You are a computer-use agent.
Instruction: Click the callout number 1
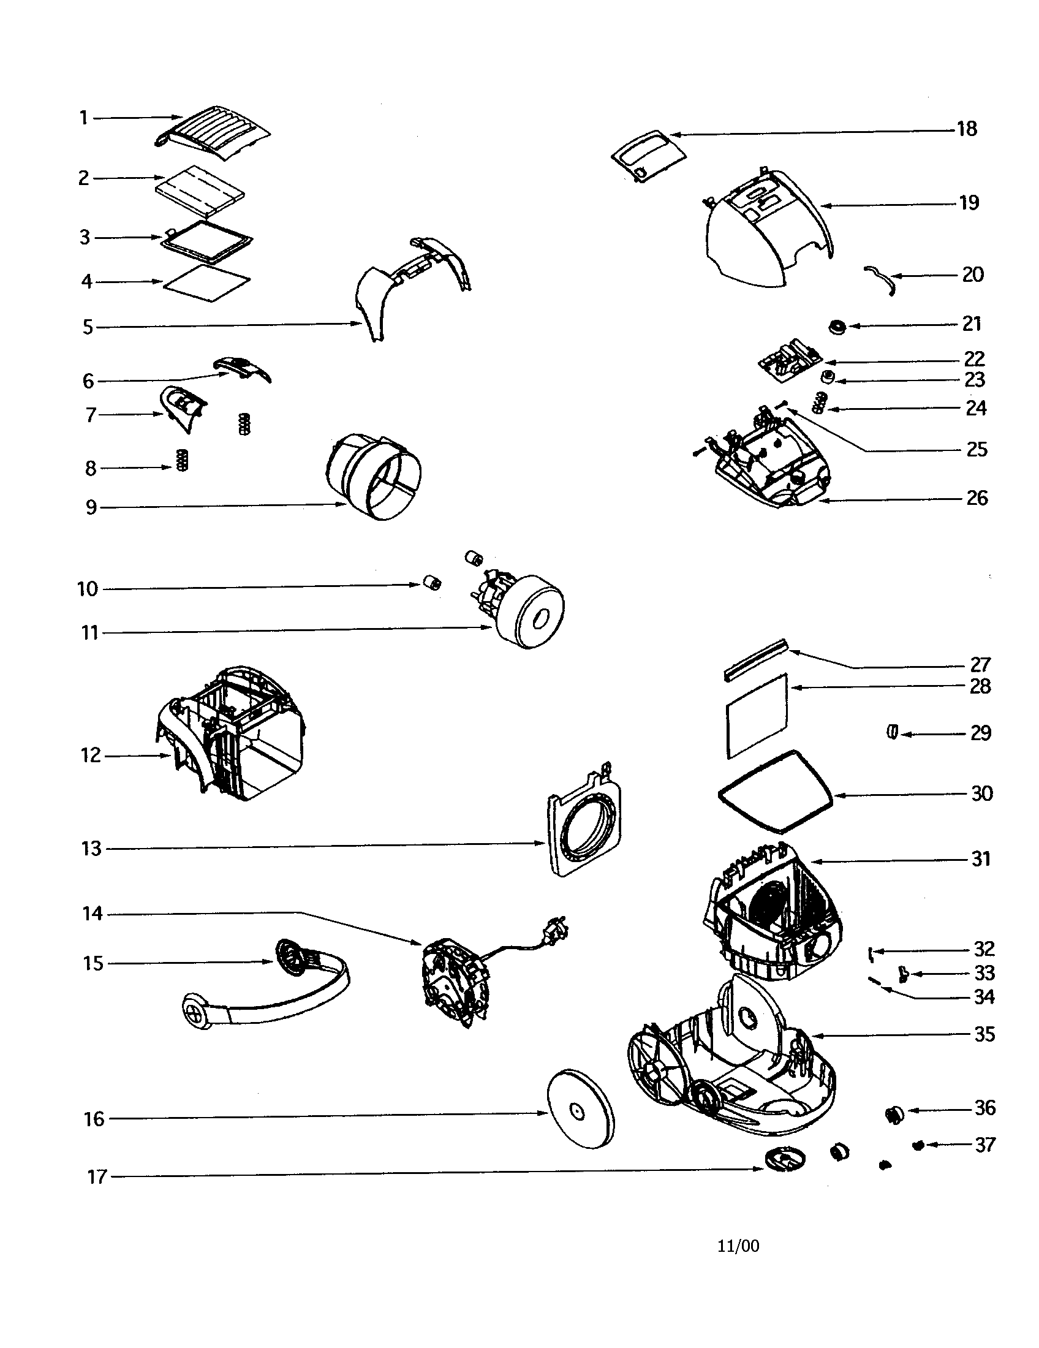pyautogui.click(x=84, y=117)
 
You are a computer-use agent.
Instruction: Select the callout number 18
pyautogui.click(x=967, y=129)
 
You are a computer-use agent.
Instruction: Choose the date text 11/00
pyautogui.click(x=738, y=1246)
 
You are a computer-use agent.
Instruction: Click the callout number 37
pyautogui.click(x=985, y=1145)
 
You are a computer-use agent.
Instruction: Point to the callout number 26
pyautogui.click(x=977, y=498)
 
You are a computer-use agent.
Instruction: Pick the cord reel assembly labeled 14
pyautogui.click(x=455, y=982)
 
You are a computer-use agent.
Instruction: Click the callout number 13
pyautogui.click(x=91, y=849)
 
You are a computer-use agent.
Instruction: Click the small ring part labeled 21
pyautogui.click(x=837, y=327)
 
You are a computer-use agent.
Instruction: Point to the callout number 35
pyautogui.click(x=984, y=1034)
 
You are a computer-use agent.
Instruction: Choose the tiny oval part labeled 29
pyautogui.click(x=891, y=732)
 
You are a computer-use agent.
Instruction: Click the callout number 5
pyautogui.click(x=88, y=327)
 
